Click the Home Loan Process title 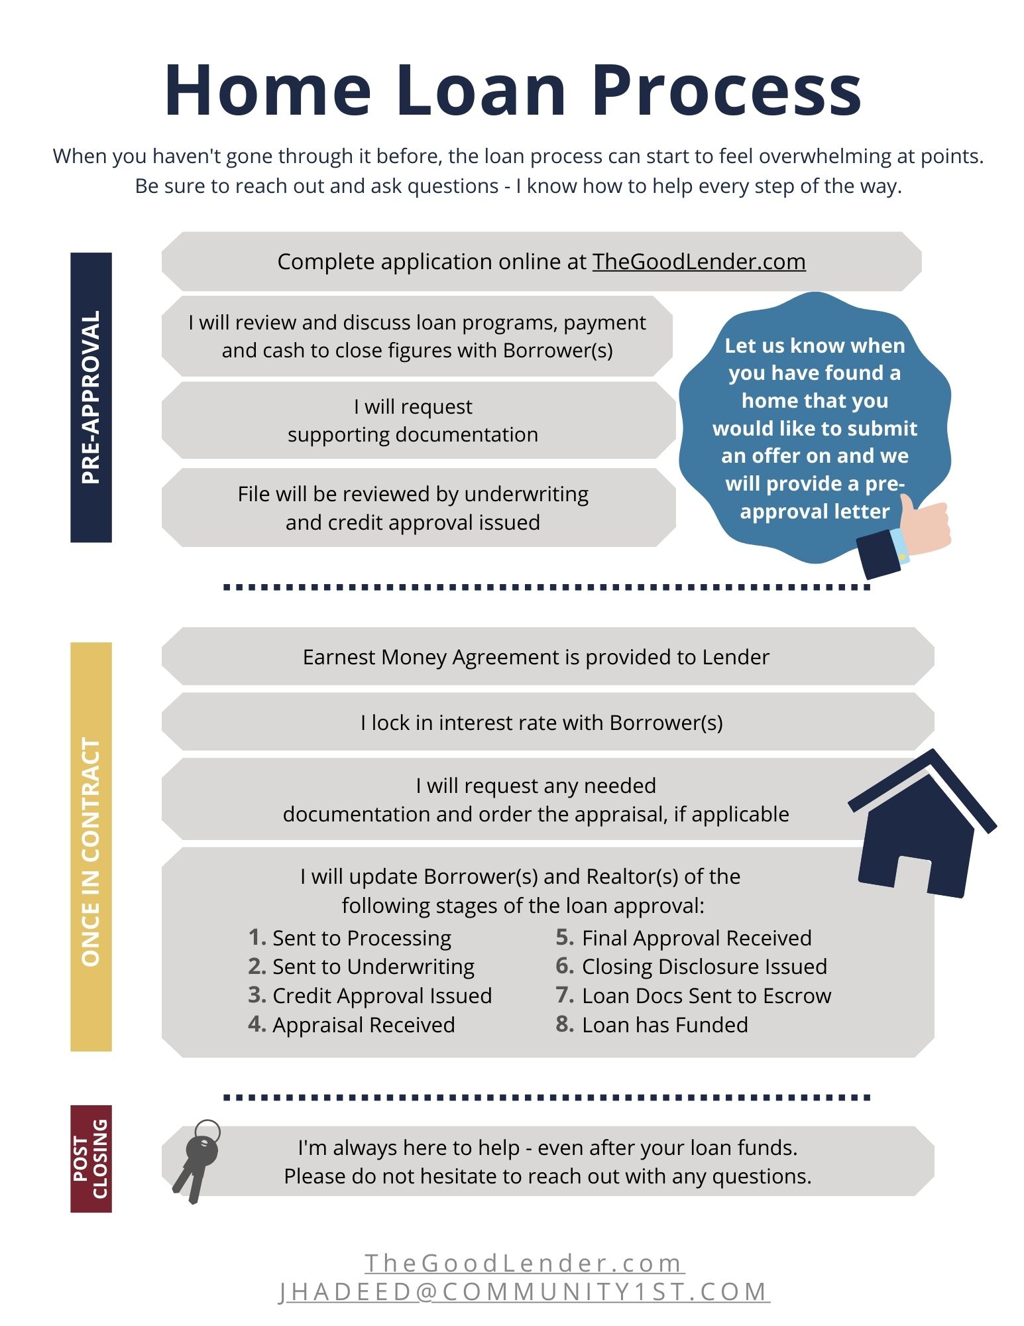pos(512,91)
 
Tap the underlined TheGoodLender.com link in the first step pos(699,262)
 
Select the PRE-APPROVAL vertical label pos(91,397)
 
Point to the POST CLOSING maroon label pos(91,1158)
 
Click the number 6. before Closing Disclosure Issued pos(565,966)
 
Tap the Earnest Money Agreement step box pos(536,657)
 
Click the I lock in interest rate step pos(541,723)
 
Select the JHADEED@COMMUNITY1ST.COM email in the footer pos(524,1292)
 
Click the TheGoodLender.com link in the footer pos(524,1263)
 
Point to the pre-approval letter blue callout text pos(815,428)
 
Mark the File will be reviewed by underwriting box pos(413,508)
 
